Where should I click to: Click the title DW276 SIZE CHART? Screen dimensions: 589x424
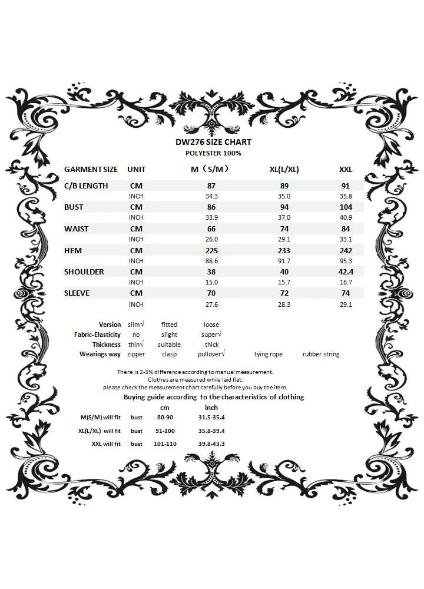[x=213, y=142]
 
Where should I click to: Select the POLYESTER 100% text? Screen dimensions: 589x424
[x=213, y=153]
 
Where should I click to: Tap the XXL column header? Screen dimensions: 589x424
[x=346, y=170]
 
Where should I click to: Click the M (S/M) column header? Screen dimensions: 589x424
[x=210, y=170]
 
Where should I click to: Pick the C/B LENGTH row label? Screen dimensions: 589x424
[x=86, y=186]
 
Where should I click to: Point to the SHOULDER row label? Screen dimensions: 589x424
[x=84, y=272]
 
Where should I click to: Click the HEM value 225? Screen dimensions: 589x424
[x=211, y=250]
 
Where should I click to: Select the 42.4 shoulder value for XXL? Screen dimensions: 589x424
[x=346, y=272]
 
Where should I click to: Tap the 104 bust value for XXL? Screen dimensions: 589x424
[x=346, y=207]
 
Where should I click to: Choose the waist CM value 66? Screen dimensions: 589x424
[x=211, y=229]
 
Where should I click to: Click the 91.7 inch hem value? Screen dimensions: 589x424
[x=284, y=261]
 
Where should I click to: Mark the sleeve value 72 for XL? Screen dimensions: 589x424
[x=284, y=293]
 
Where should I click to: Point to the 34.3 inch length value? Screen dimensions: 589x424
[x=211, y=196]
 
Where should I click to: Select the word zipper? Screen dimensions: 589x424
[x=136, y=354]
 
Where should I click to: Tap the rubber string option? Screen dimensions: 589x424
[x=321, y=354]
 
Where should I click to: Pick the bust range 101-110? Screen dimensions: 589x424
[x=165, y=444]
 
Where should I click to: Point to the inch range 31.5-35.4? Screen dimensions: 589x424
[x=211, y=417]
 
